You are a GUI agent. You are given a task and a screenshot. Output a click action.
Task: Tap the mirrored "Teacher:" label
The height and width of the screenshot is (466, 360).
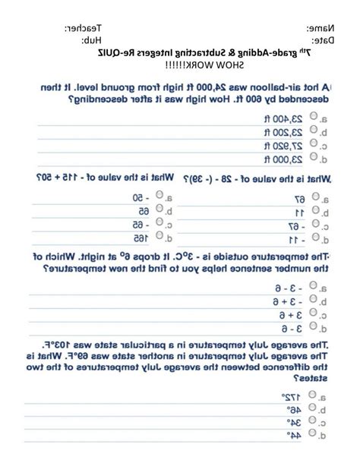point(85,28)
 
